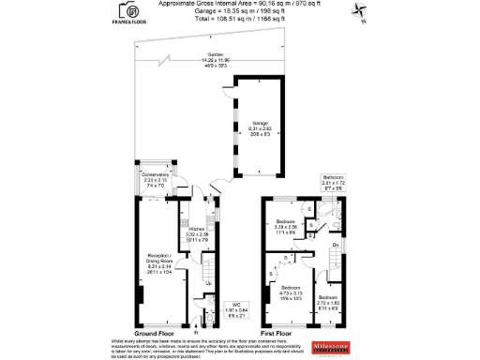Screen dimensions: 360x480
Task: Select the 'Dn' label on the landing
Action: [334, 245]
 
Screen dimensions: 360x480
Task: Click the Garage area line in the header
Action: [240, 11]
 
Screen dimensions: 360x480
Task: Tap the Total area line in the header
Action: [240, 18]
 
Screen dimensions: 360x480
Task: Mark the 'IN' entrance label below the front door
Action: [196, 331]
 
